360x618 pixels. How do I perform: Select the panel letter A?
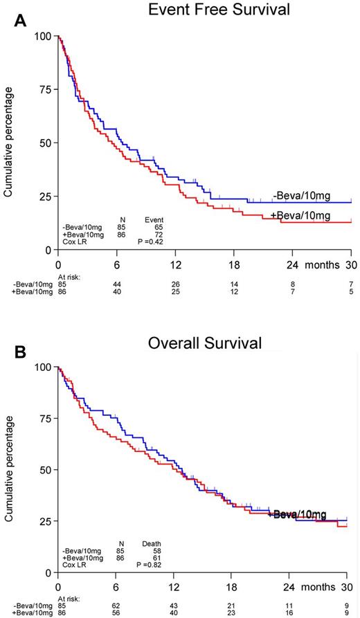tap(21, 20)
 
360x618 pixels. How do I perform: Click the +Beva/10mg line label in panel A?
tap(300, 216)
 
